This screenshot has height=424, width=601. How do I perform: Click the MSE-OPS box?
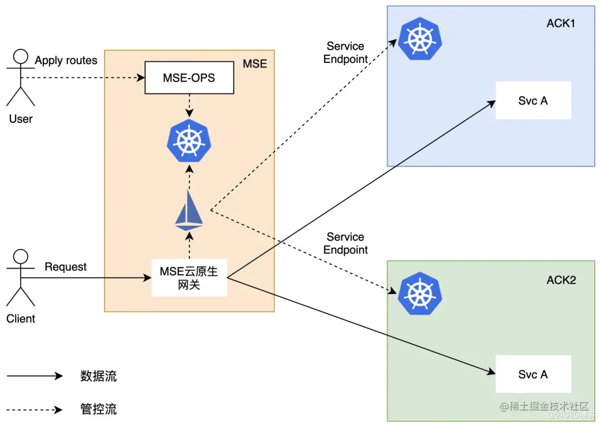189,77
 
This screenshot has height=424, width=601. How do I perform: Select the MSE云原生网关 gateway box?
189,278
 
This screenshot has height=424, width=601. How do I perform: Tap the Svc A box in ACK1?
533,100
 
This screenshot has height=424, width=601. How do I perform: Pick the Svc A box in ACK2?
533,374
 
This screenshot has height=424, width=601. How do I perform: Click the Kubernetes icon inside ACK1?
420,38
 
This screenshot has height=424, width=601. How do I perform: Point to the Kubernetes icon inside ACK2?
420,294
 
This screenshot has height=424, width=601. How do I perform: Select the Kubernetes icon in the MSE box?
189,140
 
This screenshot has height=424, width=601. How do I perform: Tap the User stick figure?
21,77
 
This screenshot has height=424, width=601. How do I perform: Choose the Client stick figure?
21,278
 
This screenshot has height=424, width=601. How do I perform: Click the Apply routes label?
66,61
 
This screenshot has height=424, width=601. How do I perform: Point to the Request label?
66,267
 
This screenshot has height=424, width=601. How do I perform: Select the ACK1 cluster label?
561,23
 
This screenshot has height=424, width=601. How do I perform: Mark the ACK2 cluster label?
561,280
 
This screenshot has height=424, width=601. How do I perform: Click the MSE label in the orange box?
255,64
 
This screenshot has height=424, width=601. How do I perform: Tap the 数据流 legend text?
98,376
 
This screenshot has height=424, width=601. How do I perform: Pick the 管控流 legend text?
98,409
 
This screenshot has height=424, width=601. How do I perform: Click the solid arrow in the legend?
35,376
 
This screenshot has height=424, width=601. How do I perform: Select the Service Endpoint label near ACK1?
346,52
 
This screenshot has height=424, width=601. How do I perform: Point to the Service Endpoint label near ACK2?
346,243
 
